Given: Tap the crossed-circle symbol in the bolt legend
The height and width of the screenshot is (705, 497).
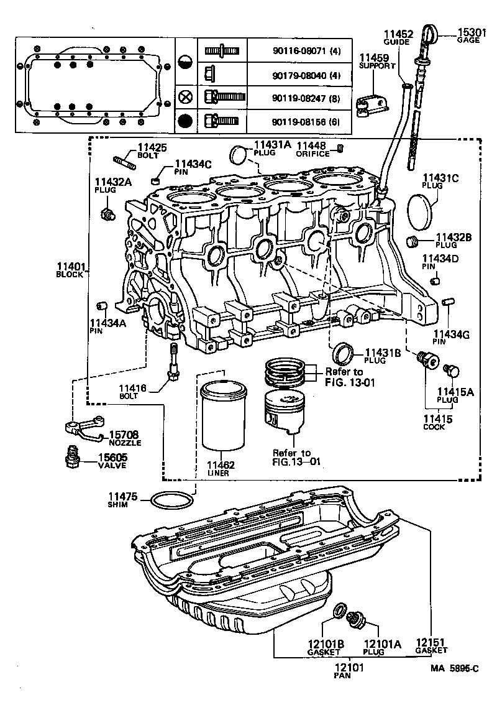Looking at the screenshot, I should pos(185,96).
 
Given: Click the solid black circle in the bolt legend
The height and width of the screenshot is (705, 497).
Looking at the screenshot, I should pos(185,120).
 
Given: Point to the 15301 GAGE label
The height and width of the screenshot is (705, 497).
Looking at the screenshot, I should pos(469,35).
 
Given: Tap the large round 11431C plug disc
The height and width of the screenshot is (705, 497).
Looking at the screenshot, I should pos(422,210).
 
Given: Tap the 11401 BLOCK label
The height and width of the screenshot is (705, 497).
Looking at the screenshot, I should pos(69,270).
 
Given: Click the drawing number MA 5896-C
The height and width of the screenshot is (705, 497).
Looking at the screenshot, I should pos(455,668).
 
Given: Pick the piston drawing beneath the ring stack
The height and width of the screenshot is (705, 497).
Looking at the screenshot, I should pos(285,413).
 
